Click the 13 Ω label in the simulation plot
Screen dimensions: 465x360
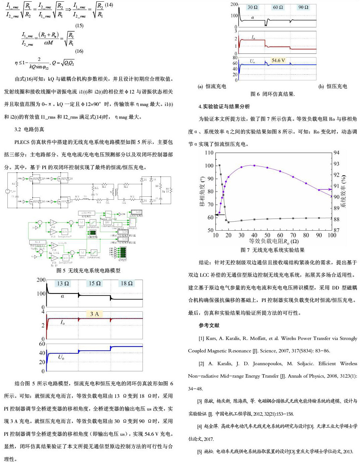coord(63,283)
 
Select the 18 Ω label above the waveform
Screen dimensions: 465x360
coord(127,283)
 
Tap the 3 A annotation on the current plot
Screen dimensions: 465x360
coord(94,314)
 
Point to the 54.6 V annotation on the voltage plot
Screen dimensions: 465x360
coord(278,61)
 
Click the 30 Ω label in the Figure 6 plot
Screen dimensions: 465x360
coord(252,7)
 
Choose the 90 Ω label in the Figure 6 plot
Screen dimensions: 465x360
coord(303,7)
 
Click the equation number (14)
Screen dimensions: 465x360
coord(109,5)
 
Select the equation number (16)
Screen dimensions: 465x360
coord(79,51)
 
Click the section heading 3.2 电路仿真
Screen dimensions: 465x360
coord(29,129)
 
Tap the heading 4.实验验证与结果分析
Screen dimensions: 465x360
coord(224,107)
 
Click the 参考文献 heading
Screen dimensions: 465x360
coord(209,325)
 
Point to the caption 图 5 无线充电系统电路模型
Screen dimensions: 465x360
coord(88,270)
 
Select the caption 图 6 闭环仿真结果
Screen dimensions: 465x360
coord(273,94)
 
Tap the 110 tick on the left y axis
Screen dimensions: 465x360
coord(209,153)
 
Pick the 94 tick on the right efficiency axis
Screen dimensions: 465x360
coord(336,153)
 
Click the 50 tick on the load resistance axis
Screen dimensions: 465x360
coord(267,235)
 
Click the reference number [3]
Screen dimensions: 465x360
coord(200,401)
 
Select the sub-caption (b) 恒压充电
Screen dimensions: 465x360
coord(333,86)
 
